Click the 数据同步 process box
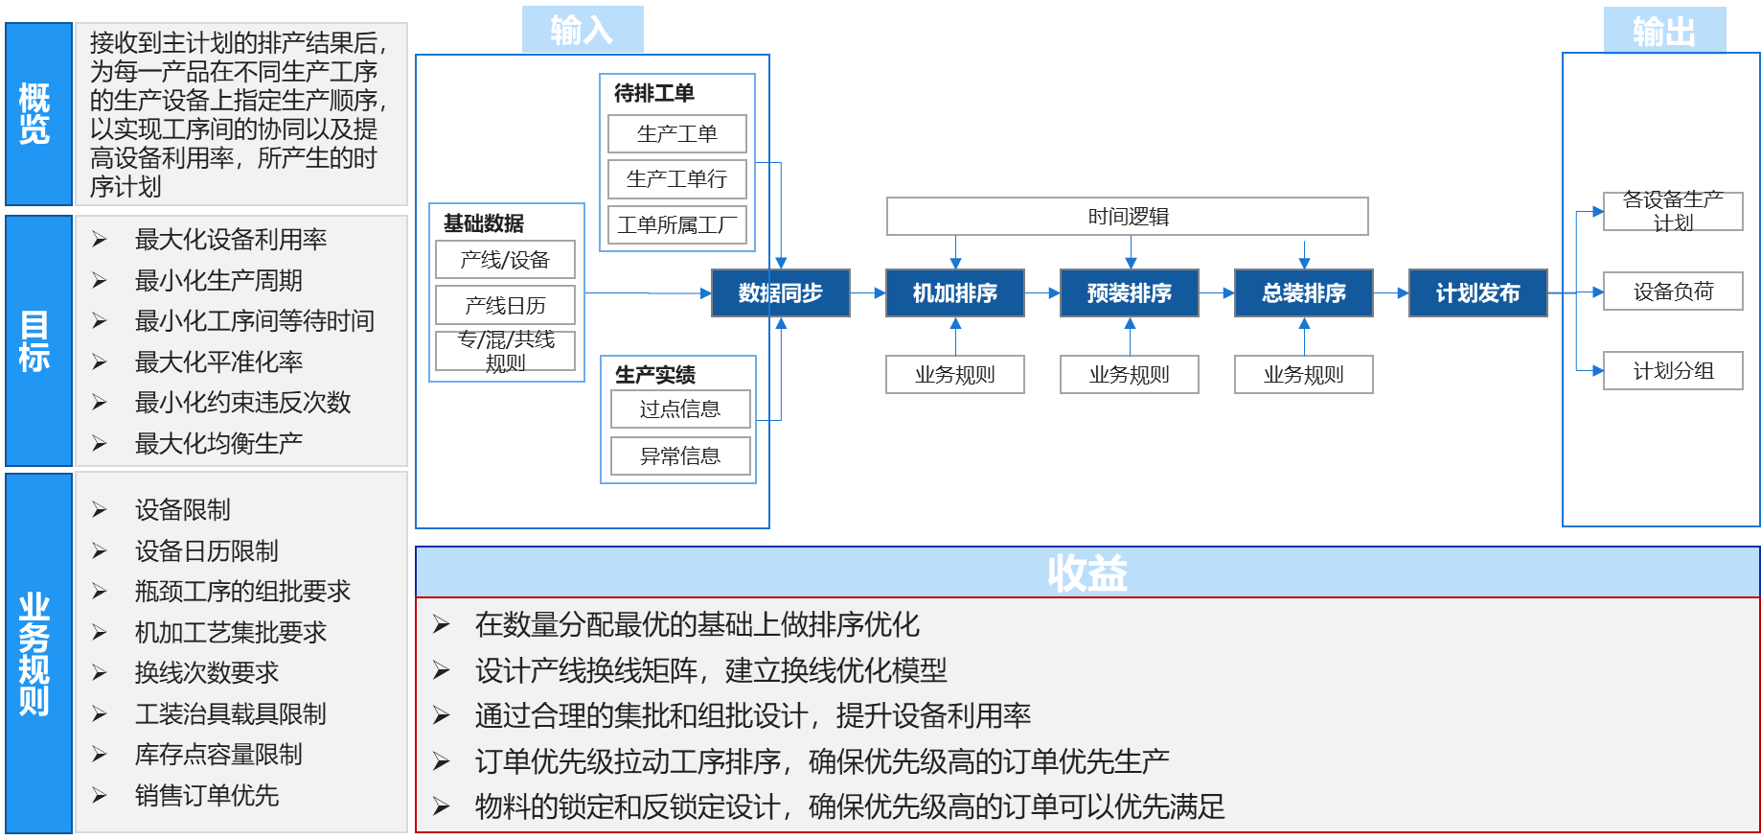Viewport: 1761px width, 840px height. tap(780, 293)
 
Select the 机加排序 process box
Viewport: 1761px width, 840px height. tap(954, 293)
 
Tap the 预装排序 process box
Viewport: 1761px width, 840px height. tap(1129, 293)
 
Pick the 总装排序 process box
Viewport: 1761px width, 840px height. tap(1303, 293)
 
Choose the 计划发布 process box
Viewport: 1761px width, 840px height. tap(1477, 293)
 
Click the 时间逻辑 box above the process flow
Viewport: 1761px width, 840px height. tap(1127, 217)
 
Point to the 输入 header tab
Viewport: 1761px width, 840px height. tap(583, 30)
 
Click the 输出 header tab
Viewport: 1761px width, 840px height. tap(1664, 31)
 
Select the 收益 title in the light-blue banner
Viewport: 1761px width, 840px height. tap(1086, 573)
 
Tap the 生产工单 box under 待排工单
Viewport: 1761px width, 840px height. tap(677, 134)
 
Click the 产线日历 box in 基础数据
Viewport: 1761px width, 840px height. tap(505, 305)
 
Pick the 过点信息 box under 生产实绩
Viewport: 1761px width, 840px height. tap(680, 409)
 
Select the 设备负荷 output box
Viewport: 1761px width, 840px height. tap(1673, 292)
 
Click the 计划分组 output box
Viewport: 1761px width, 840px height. tap(1673, 371)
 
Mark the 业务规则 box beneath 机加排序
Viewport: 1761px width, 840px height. tap(954, 375)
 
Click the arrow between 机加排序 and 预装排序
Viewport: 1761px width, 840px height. tap(1042, 293)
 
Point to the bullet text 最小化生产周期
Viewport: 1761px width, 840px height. tap(218, 281)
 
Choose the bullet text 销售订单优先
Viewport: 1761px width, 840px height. tap(207, 796)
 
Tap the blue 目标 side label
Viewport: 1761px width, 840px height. tap(35, 341)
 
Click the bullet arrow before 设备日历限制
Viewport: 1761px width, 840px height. tap(100, 551)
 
